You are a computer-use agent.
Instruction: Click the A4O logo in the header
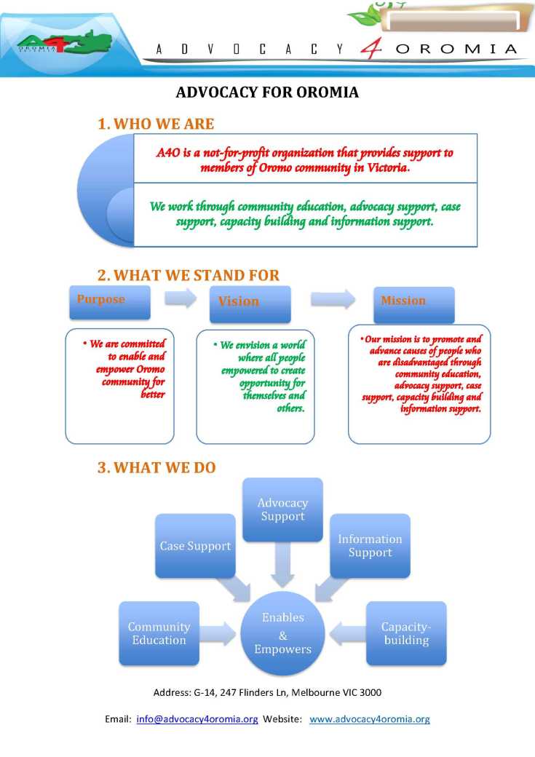pyautogui.click(x=64, y=45)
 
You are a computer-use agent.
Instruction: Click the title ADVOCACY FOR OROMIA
pyautogui.click(x=267, y=92)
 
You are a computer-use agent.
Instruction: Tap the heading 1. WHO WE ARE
pyautogui.click(x=156, y=124)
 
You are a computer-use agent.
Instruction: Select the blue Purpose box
pyautogui.click(x=110, y=302)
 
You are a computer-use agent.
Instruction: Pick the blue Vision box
pyautogui.click(x=250, y=304)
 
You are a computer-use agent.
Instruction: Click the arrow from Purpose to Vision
pyautogui.click(x=180, y=298)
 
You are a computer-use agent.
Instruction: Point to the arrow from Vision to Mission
pyautogui.click(x=333, y=299)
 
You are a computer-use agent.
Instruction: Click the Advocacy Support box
pyautogui.click(x=282, y=510)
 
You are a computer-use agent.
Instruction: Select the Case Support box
pyautogui.click(x=195, y=546)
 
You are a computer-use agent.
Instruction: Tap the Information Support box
pyautogui.click(x=370, y=546)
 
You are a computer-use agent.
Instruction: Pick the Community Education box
pyautogui.click(x=159, y=633)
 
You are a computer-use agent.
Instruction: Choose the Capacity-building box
pyautogui.click(x=406, y=633)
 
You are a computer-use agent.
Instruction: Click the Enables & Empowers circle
pyautogui.click(x=282, y=633)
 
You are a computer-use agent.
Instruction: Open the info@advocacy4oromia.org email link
pyautogui.click(x=197, y=719)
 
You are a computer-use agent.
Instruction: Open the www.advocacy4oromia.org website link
pyautogui.click(x=369, y=719)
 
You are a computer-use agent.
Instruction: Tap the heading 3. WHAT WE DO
pyautogui.click(x=156, y=467)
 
